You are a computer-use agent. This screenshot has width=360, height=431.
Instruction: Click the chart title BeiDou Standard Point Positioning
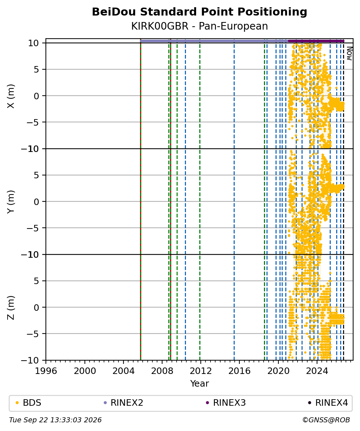pyautogui.click(x=199, y=12)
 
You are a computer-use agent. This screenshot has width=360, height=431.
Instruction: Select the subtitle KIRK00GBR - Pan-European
pyautogui.click(x=199, y=26)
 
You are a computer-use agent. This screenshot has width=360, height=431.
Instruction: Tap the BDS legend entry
pyautogui.click(x=28, y=403)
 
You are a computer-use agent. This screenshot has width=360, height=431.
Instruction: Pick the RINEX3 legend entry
pyautogui.click(x=226, y=403)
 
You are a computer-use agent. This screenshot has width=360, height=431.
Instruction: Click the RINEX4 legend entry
pyautogui.click(x=328, y=403)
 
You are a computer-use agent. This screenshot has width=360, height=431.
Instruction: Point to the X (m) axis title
pyautogui.click(x=11, y=96)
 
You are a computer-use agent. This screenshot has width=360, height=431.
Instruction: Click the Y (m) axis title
pyautogui.click(x=11, y=202)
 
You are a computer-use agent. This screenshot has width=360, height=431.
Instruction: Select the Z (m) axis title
pyautogui.click(x=11, y=308)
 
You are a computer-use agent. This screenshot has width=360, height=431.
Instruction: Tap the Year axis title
pyautogui.click(x=199, y=383)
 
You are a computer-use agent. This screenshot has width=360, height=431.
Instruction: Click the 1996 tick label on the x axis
pyautogui.click(x=46, y=371)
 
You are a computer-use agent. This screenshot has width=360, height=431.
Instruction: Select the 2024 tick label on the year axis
pyautogui.click(x=317, y=371)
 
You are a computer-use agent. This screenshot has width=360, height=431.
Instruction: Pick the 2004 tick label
pyautogui.click(x=123, y=371)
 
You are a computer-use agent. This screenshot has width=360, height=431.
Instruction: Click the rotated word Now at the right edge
pyautogui.click(x=349, y=53)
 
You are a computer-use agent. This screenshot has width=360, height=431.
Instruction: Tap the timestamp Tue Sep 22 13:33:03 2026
pyautogui.click(x=55, y=420)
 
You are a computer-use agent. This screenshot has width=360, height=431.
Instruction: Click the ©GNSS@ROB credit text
pyautogui.click(x=326, y=420)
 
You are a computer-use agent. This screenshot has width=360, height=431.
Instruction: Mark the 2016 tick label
pyautogui.click(x=239, y=371)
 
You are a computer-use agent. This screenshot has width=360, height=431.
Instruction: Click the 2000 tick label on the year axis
pyautogui.click(x=85, y=371)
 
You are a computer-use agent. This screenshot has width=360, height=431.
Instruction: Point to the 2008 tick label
pyautogui.click(x=162, y=371)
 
